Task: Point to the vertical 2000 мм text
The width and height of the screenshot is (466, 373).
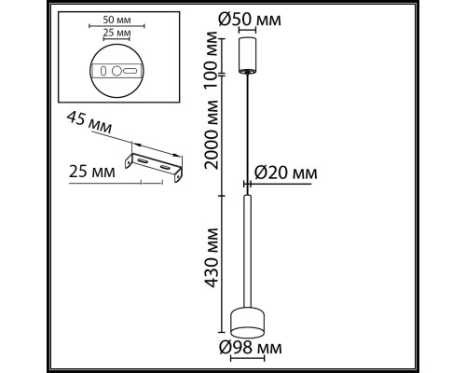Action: (214, 150)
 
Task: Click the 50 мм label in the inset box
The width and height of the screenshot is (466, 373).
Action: (116, 18)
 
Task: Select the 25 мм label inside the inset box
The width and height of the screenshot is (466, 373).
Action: (116, 35)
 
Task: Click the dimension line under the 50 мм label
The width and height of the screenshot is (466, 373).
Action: (116, 26)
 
